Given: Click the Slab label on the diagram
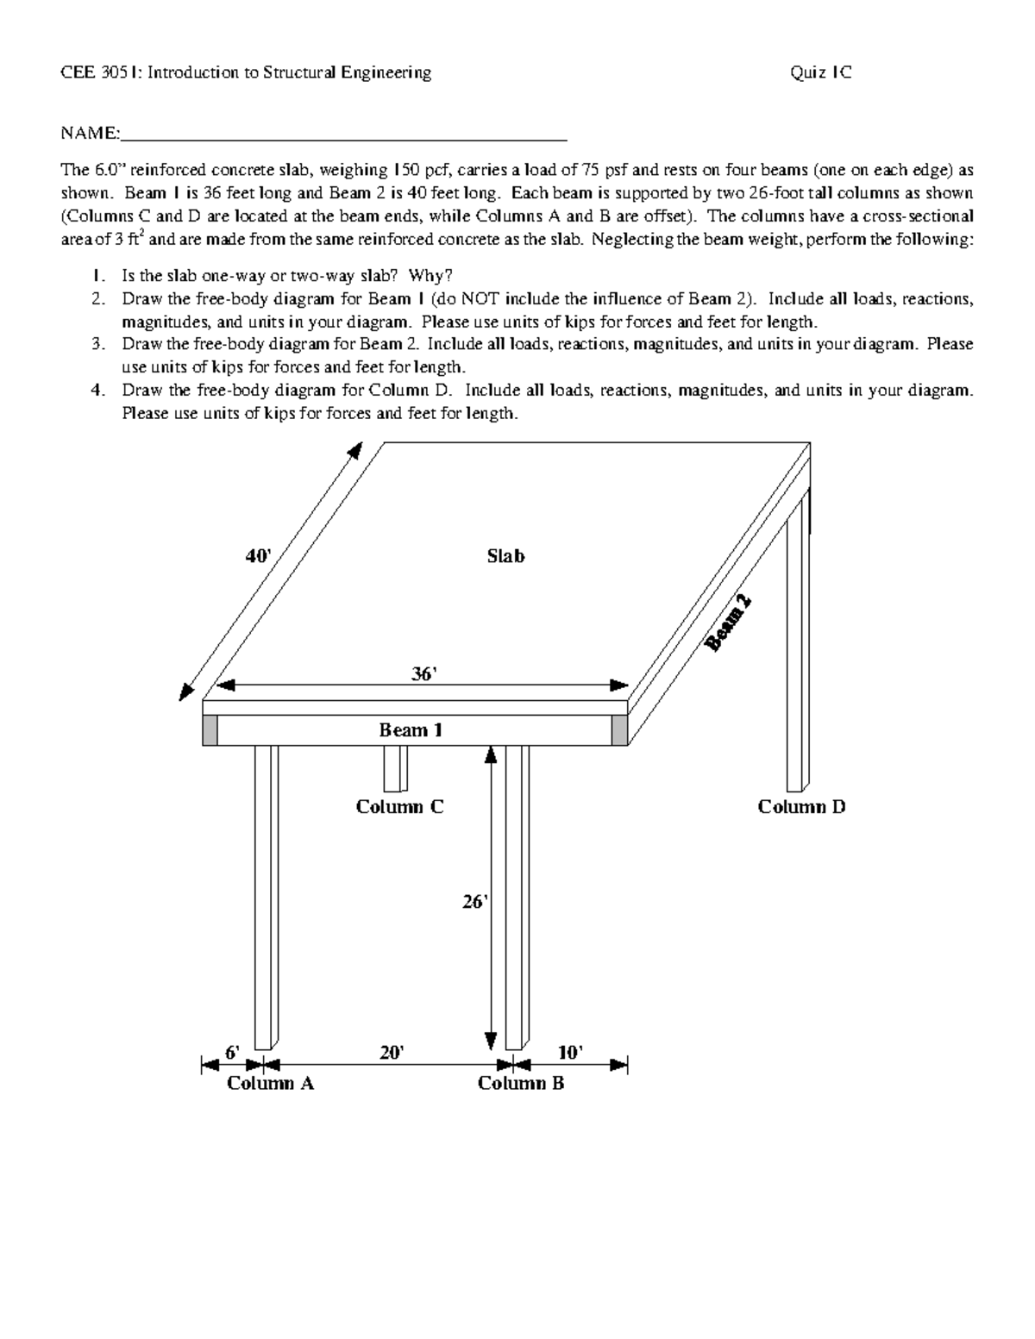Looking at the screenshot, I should [x=505, y=556].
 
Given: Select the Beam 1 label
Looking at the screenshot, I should [x=411, y=730].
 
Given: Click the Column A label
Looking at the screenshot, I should [x=270, y=1084].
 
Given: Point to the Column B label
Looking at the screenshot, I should [x=521, y=1084].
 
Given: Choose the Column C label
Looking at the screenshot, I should [x=399, y=807].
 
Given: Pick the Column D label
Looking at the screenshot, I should [x=801, y=807].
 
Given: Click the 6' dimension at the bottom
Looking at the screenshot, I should [x=233, y=1053].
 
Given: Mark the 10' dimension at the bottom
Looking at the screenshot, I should [x=569, y=1053].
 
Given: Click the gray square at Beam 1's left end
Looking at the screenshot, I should [x=210, y=730].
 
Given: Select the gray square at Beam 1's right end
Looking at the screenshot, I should [x=619, y=730].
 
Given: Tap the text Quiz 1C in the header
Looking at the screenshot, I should [x=820, y=72].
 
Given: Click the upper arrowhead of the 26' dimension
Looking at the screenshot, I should [x=491, y=754].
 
